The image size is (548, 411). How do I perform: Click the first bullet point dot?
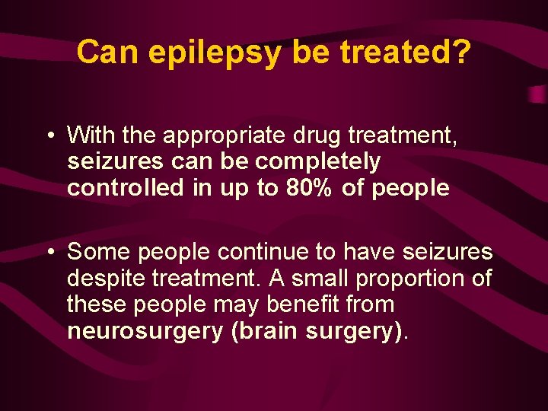[48, 136]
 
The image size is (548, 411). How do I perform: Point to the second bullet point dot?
[48, 252]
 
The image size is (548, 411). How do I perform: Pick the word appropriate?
[225, 136]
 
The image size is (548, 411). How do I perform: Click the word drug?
[315, 135]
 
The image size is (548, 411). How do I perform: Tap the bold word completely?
[318, 162]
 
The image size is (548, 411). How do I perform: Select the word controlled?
[120, 188]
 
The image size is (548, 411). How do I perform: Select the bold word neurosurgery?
[142, 331]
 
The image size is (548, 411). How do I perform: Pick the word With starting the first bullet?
[89, 135]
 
